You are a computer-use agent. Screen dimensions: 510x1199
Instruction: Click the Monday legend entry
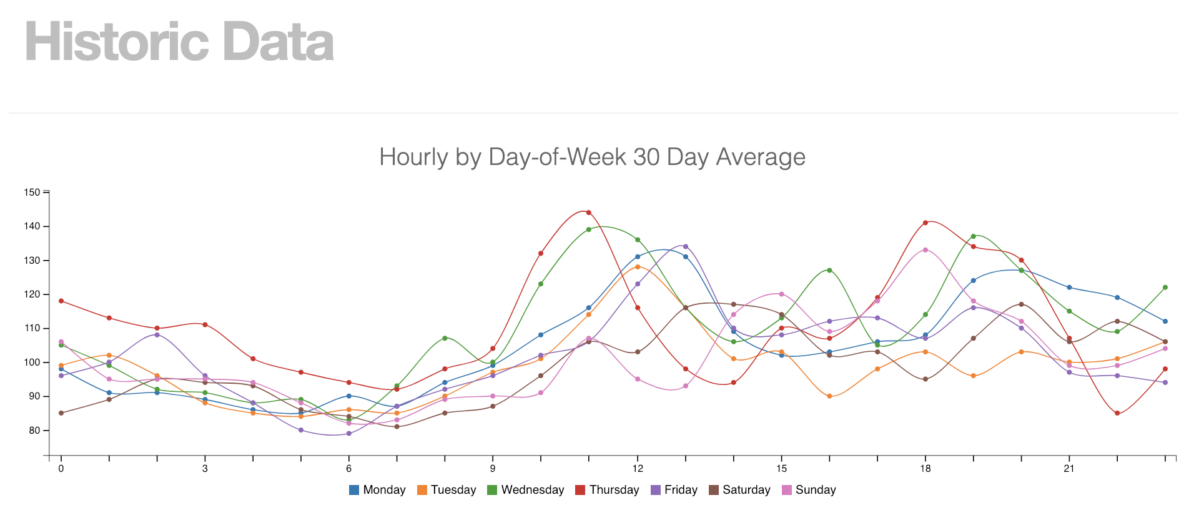coord(377,490)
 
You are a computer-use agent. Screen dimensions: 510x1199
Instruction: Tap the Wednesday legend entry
coord(525,490)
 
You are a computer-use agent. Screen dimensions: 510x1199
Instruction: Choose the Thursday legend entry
coord(607,490)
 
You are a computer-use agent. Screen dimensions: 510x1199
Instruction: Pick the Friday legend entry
coord(674,490)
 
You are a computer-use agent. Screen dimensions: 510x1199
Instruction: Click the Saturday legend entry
coord(739,490)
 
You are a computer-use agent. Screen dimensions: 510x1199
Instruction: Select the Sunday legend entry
coord(809,490)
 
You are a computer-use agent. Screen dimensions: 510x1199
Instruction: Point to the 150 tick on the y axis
coord(32,192)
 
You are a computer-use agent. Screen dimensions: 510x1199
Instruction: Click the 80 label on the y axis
coord(34,431)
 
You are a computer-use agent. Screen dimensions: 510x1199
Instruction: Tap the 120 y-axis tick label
coord(32,294)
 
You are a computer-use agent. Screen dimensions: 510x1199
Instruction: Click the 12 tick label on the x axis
coord(638,469)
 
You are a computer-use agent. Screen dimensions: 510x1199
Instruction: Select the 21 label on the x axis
coord(1069,469)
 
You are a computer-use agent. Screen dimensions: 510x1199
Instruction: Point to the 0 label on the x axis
coord(61,469)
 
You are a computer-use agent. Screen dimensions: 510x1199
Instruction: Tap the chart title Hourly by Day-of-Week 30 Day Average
coord(592,157)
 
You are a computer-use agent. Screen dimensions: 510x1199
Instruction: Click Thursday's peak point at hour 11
coord(589,212)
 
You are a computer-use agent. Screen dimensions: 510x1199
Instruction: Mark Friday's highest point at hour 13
coord(685,246)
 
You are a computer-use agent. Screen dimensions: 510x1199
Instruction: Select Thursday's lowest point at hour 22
coord(1117,413)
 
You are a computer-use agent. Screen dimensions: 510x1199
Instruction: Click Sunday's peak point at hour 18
coord(925,250)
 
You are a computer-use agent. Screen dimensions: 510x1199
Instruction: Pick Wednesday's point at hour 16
coord(829,270)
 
